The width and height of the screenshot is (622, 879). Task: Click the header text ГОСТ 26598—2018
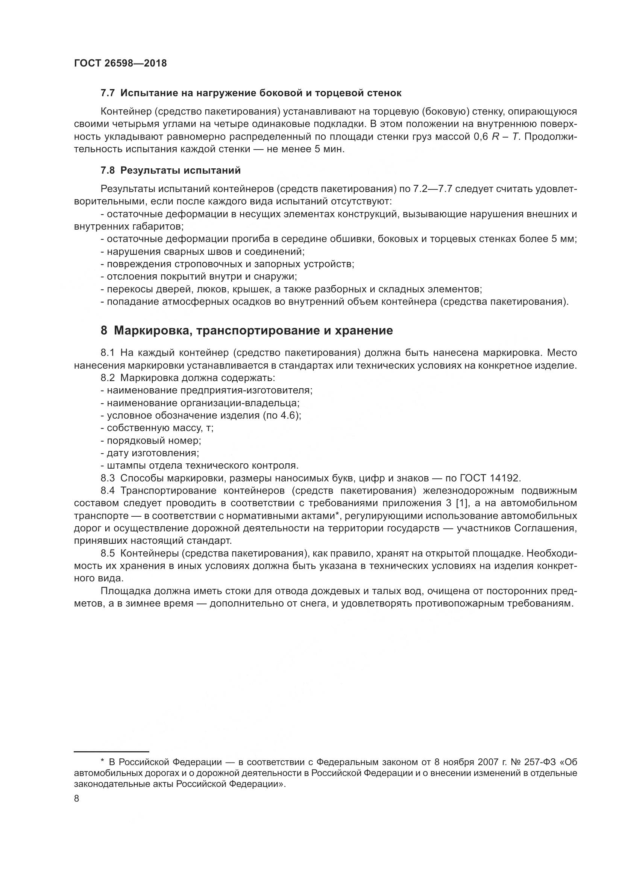pyautogui.click(x=120, y=64)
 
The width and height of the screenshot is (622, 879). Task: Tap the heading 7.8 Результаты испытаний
pyautogui.click(x=170, y=170)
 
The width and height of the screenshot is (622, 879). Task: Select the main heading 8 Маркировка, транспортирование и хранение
pyautogui.click(x=247, y=330)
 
